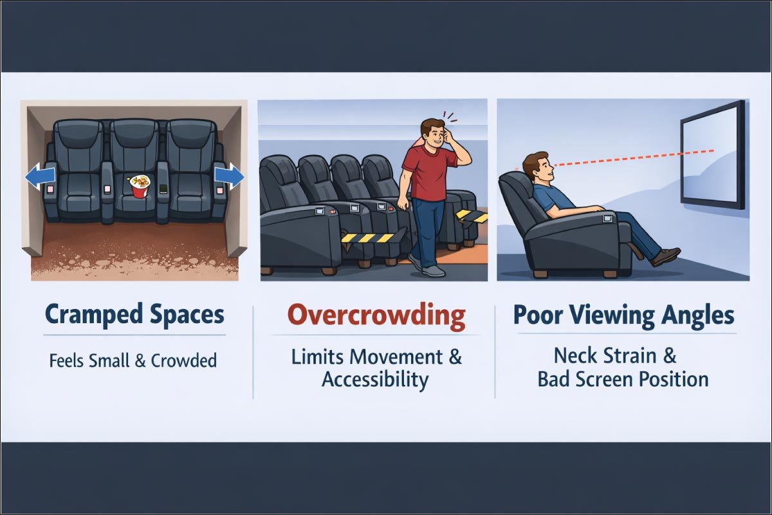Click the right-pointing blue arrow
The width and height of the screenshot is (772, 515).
[228, 175]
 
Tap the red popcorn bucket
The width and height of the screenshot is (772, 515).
[140, 187]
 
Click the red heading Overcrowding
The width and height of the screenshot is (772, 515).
[376, 316]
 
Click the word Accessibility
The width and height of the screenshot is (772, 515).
[375, 380]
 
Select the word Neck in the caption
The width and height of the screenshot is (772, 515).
[575, 356]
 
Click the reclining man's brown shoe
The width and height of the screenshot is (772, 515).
[666, 256]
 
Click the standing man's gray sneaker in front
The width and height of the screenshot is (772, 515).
[434, 270]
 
